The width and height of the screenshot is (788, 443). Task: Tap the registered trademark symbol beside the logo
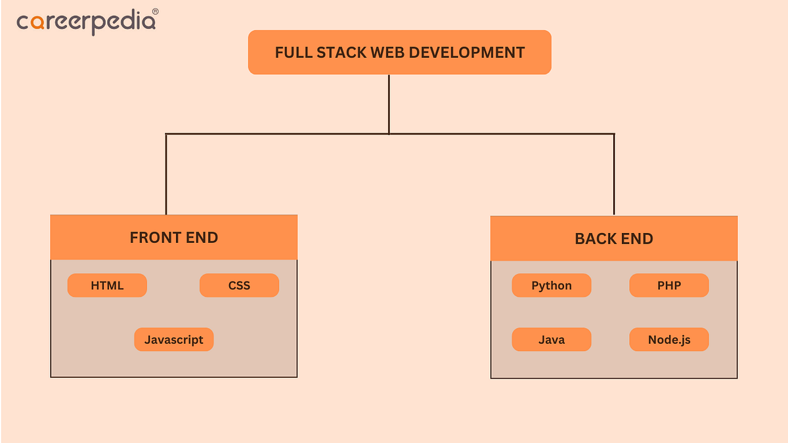point(155,11)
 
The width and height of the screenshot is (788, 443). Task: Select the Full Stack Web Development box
point(399,52)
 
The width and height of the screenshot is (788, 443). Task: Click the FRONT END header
point(173,237)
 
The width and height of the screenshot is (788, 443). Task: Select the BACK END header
point(613,238)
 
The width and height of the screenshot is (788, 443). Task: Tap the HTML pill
point(107,285)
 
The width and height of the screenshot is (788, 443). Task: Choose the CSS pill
point(239,285)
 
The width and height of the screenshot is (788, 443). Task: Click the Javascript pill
point(173,339)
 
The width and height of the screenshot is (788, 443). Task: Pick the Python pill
point(551,285)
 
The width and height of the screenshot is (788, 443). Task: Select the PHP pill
point(668,285)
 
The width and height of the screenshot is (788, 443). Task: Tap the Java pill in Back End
point(551,339)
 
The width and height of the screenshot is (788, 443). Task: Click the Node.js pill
point(668,339)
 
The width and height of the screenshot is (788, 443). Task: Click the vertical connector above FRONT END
point(165,174)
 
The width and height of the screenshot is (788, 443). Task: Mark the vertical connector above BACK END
point(614,174)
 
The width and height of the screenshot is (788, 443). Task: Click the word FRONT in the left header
point(152,237)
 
